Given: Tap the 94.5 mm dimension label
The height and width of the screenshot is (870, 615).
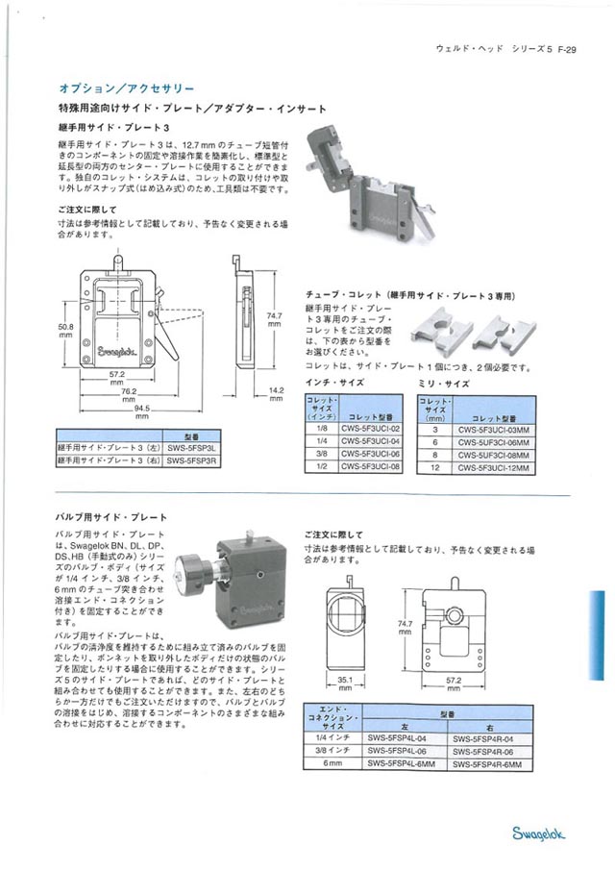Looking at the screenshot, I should (x=141, y=411).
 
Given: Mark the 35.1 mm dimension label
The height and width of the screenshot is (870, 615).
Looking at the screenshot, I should (x=344, y=684).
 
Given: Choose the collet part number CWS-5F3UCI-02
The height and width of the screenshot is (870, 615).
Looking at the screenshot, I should (x=369, y=431).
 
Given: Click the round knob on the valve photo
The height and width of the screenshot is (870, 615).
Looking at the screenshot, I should (x=190, y=578).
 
